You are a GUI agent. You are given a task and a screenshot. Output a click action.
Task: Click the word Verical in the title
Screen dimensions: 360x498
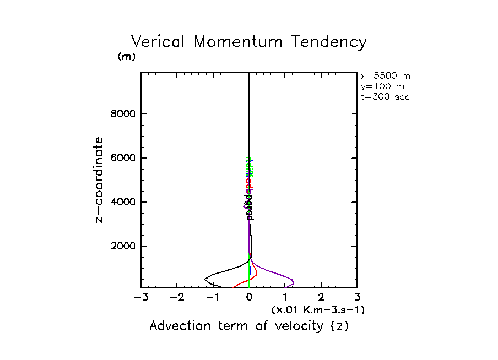point(158,42)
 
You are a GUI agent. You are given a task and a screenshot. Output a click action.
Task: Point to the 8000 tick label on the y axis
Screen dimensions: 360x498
point(123,114)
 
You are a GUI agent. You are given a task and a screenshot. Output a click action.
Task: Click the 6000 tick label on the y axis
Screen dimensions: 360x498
point(123,158)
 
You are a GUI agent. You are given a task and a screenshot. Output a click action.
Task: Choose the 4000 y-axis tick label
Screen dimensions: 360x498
point(123,202)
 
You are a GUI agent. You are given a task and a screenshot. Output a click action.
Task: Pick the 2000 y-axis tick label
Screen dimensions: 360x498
point(123,246)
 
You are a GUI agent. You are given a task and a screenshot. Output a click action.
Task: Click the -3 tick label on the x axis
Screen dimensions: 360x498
point(141,298)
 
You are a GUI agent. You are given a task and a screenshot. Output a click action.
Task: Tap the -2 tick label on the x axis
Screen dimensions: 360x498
point(177,298)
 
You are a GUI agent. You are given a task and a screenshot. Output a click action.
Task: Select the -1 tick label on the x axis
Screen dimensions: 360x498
point(213,298)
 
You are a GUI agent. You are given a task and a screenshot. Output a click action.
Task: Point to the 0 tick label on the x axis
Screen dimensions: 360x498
point(249,298)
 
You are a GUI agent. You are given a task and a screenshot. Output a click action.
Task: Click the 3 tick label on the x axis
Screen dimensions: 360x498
point(357,298)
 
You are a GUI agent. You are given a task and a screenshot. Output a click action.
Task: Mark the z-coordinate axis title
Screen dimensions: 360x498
point(100,179)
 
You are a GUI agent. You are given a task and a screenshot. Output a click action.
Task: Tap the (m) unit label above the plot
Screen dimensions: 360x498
point(127,57)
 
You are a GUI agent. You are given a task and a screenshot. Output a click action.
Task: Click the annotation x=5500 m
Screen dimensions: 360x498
point(386,76)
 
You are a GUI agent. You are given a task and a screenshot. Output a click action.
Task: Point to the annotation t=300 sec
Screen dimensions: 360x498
point(386,97)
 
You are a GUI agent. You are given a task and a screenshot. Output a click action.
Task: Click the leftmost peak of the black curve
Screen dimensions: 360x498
point(205,279)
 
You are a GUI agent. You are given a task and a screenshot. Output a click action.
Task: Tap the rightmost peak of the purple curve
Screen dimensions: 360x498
point(294,283)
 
